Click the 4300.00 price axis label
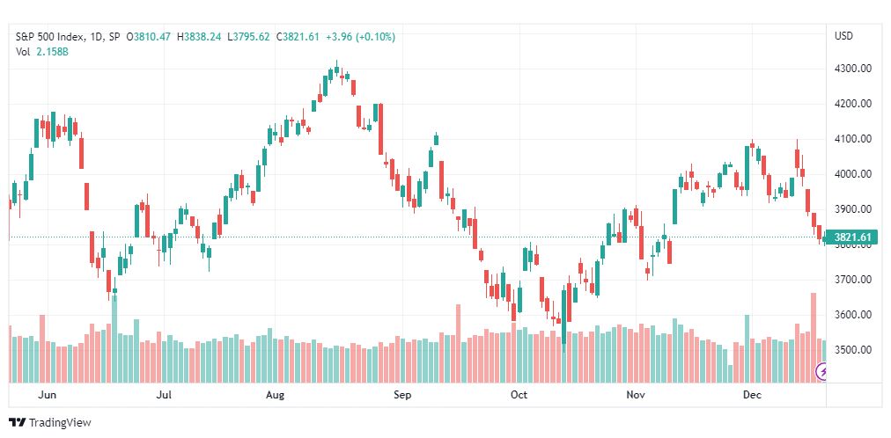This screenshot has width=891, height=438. pos(853,69)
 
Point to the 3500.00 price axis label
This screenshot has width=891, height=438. pos(853,349)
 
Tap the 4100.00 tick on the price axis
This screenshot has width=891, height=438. pos(853,139)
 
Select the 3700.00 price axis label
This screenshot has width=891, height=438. pos(853,279)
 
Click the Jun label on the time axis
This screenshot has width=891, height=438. pos(47,395)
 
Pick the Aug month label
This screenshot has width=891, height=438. pos(275,395)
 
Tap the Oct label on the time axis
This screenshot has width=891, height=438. pos(519,395)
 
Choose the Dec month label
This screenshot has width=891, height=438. pos(753,395)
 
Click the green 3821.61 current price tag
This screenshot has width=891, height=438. pos(851,237)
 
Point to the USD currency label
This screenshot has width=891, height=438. pos(843,36)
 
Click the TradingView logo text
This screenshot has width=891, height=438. pos(60,423)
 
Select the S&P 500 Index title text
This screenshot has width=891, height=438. pos(50,37)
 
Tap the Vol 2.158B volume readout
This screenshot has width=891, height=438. pos(41,52)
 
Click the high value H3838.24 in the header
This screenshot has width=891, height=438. pos(199,37)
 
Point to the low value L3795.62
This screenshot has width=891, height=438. pos(248,37)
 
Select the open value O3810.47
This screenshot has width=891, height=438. pos(149,37)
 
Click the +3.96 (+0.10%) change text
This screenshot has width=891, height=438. pos(360,37)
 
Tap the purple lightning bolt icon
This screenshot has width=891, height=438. pos(821,372)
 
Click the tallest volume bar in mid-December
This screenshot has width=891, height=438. pos(814,338)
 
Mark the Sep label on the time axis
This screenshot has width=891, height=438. pos(402,395)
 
